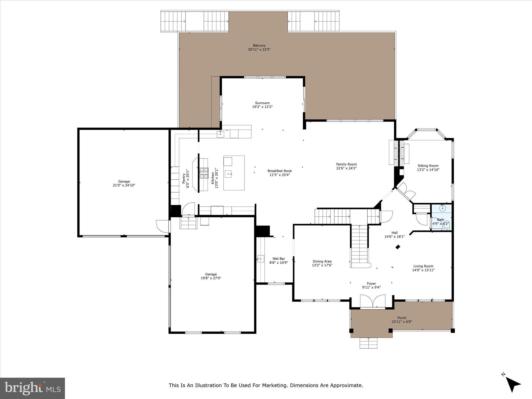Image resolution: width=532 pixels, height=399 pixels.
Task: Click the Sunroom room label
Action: click(x=262, y=103)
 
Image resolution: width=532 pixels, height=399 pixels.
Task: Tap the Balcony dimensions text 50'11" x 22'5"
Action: click(x=259, y=49)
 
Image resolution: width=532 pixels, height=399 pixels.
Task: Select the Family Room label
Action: click(x=346, y=164)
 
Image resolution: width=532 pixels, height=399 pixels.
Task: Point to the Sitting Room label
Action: click(x=428, y=166)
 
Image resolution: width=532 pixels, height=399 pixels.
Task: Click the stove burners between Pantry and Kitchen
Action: click(x=204, y=173)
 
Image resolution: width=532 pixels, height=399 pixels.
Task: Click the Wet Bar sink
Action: click(x=261, y=259)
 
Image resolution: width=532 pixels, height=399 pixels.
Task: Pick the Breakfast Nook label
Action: click(x=280, y=171)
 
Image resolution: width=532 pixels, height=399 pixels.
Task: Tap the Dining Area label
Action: click(x=322, y=261)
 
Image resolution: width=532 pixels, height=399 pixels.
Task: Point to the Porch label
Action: click(x=402, y=318)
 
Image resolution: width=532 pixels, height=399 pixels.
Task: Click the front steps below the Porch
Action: click(x=368, y=343)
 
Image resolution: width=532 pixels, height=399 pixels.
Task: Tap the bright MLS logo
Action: click(x=32, y=388)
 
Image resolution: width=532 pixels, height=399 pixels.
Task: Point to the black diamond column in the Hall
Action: click(x=398, y=247)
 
